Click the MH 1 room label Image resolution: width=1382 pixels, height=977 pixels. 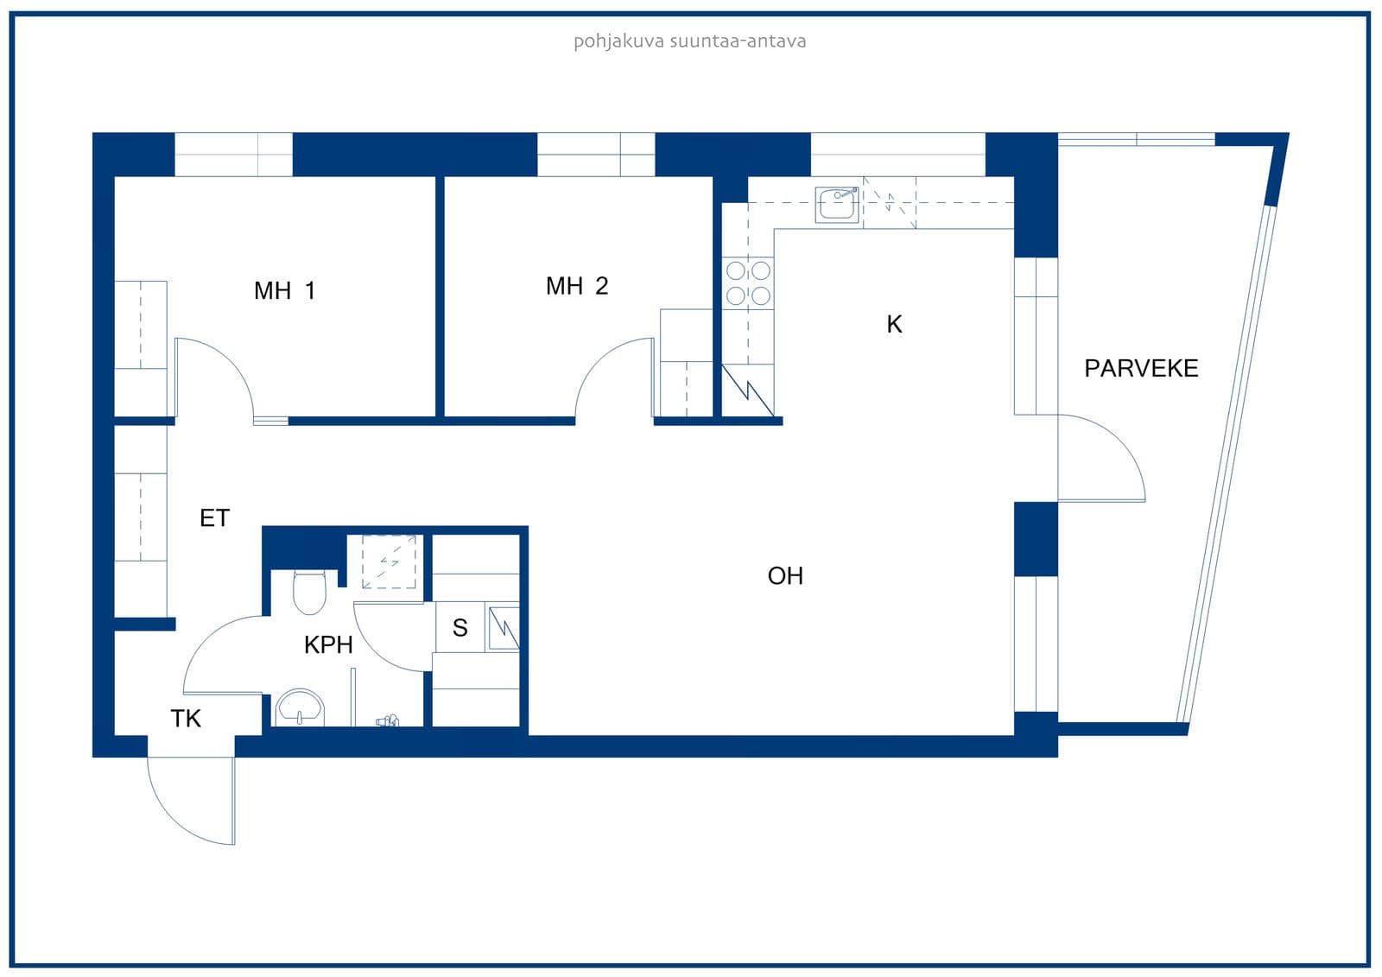coord(284,291)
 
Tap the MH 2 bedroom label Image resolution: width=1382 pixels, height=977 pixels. coord(577,286)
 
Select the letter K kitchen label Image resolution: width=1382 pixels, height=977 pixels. coord(894,324)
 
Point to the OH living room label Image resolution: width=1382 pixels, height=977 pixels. coord(785,576)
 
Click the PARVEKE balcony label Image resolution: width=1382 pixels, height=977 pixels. coord(1141,369)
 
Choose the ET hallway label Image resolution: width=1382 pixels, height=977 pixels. coord(215,517)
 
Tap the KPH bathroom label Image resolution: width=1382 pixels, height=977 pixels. coord(328,645)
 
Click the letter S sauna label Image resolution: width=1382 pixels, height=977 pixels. coord(460,628)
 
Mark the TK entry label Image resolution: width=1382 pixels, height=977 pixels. coord(186,719)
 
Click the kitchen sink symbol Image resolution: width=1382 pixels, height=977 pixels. coord(837,204)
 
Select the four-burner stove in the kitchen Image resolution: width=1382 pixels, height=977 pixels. coord(748,283)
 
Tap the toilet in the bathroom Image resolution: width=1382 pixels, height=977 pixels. coord(309,592)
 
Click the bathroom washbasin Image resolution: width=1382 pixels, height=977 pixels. coord(299,707)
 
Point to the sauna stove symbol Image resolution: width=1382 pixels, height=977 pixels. coord(504,628)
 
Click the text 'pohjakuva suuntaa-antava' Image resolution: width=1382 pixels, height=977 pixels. coord(690,41)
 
